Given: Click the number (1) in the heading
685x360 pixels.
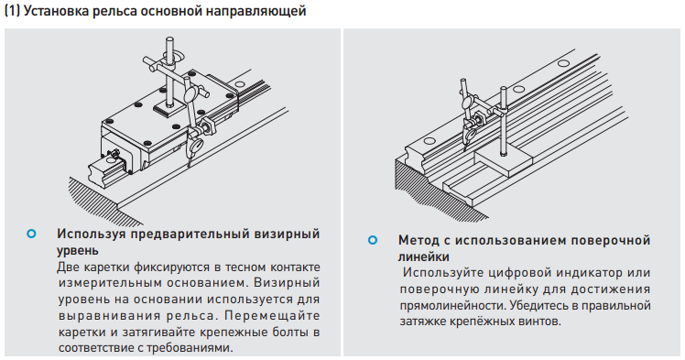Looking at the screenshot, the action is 12,11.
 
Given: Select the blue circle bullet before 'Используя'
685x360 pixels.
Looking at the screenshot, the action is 31,234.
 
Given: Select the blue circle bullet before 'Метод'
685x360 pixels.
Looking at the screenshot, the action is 373,240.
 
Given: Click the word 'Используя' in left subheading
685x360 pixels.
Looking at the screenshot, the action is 92,235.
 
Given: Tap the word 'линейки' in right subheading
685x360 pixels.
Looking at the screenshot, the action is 424,256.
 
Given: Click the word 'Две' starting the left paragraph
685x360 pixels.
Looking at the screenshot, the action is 68,267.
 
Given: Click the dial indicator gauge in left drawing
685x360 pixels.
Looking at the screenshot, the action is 190,94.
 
